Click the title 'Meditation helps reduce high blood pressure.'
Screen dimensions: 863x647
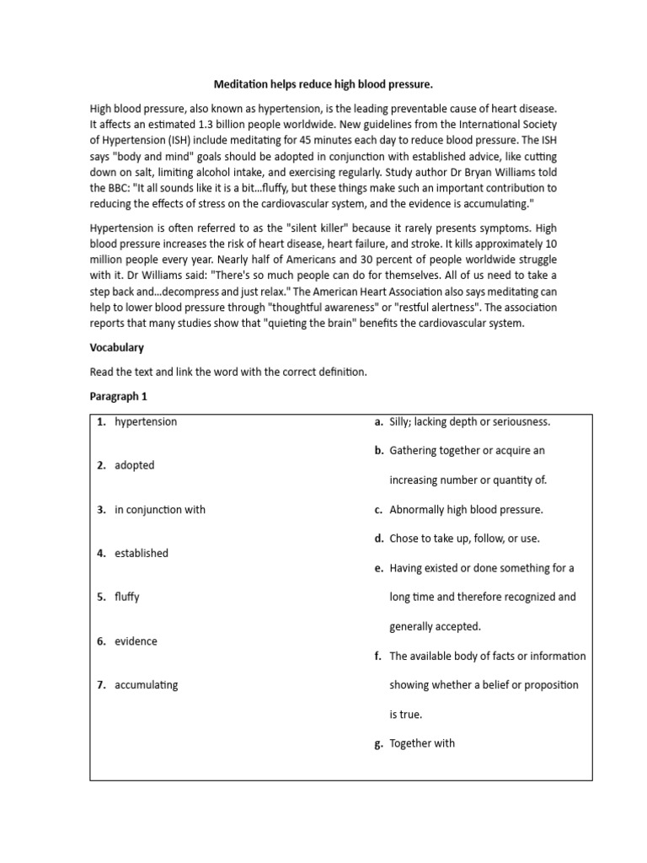[323, 84]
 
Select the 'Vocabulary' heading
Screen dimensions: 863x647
[116, 347]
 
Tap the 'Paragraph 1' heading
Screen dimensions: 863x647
[120, 395]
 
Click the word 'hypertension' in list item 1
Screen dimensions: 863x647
[146, 421]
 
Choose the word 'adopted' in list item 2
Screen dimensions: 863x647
[135, 465]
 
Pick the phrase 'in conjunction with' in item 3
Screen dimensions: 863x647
[160, 509]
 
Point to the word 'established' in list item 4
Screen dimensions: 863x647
[142, 553]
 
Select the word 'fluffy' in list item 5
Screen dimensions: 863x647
[127, 597]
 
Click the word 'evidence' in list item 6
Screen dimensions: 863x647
[136, 641]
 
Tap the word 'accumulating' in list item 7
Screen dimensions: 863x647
[147, 684]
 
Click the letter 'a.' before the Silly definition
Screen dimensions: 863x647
[379, 421]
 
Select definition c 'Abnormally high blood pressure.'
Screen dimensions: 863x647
[466, 509]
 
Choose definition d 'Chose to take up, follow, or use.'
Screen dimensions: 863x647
[464, 538]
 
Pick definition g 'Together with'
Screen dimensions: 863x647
[422, 742]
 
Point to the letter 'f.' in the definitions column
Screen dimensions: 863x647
[379, 656]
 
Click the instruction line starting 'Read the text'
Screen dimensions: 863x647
[228, 372]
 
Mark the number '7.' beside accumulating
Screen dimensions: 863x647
[101, 684]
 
